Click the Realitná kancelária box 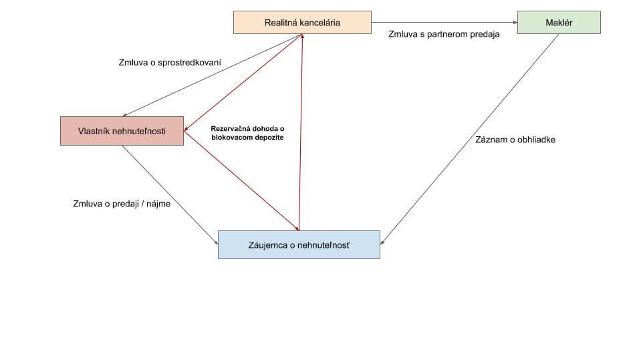[302, 23]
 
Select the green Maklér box [559, 23]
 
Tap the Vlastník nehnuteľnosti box [122, 131]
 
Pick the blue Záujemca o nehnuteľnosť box [299, 244]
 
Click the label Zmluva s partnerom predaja [444, 34]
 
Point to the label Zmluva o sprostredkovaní [170, 63]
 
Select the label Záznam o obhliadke [515, 140]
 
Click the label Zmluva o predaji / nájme [122, 204]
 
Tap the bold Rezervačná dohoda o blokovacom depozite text [247, 133]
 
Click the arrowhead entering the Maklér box [515, 23]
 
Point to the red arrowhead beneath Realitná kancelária [302, 36]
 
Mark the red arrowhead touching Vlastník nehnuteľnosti [186, 130]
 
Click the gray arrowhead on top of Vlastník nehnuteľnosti [125, 116]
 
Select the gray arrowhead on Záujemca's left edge [217, 242]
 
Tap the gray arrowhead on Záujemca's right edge [382, 242]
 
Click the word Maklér [559, 23]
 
